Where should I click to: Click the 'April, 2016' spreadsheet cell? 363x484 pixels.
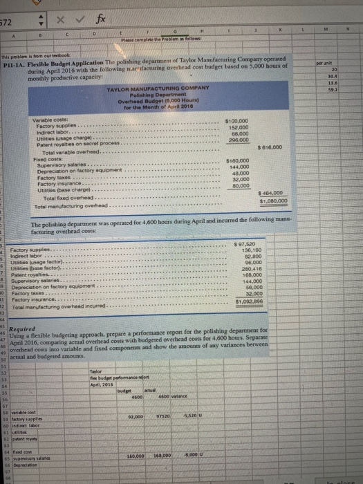click(123, 384)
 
